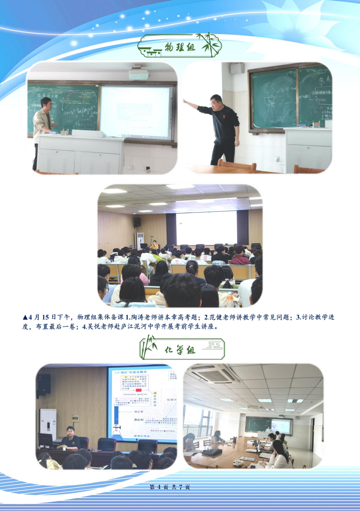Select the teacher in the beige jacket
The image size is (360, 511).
pos(43,128)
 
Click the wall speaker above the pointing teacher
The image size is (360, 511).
pos(237,69)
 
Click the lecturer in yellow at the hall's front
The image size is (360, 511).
pos(155,245)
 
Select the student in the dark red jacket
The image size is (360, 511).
pos(239,257)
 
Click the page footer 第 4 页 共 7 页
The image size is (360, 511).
pos(169,487)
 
